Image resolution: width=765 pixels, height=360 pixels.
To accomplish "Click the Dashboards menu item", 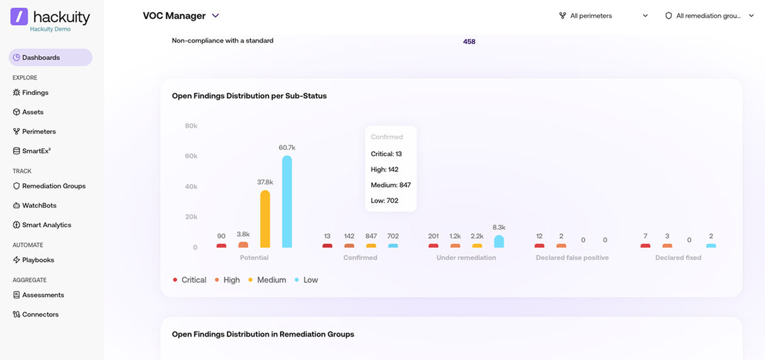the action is click(50, 57).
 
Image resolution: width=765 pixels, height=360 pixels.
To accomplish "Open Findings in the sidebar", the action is click(31, 93).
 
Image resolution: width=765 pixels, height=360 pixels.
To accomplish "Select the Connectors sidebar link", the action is click(36, 314).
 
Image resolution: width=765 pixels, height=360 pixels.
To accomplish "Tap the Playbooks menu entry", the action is click(33, 260).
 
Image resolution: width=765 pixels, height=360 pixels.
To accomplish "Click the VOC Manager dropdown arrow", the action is click(216, 16).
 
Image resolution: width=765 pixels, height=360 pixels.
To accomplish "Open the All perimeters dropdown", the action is click(603, 16).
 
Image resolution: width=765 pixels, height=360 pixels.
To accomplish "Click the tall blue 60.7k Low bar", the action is click(287, 201).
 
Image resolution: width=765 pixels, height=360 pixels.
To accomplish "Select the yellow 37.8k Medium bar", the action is click(265, 219).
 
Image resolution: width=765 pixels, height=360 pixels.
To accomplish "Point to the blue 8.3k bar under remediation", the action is click(499, 241).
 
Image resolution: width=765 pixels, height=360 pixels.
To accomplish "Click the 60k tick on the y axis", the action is click(191, 156).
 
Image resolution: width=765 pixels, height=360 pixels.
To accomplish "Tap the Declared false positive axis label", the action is click(572, 257).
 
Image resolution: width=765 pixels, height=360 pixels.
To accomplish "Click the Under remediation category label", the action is click(466, 257).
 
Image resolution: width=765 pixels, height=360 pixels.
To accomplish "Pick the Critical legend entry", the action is click(189, 280).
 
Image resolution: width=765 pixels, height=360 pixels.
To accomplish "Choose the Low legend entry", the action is click(306, 280).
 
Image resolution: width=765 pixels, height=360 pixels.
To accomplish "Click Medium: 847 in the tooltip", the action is click(391, 185).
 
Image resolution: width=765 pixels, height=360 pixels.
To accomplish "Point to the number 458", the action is click(469, 42).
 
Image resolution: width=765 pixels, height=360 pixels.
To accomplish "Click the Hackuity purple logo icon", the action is click(19, 16).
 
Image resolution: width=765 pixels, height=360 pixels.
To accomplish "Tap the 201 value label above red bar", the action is click(433, 236).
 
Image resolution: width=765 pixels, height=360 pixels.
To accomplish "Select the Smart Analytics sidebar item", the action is click(42, 225).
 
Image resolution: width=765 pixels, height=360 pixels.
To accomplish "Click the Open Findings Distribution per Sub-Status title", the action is click(249, 96).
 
